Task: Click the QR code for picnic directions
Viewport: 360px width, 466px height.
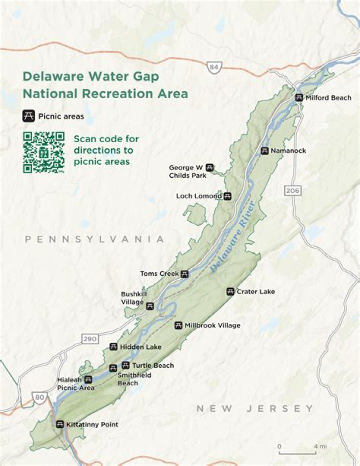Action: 43,152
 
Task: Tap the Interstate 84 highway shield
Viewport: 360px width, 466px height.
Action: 214,67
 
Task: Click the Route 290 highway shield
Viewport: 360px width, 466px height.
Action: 90,339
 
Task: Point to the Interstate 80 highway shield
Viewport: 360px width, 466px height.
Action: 40,397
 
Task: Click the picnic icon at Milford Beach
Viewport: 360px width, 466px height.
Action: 299,98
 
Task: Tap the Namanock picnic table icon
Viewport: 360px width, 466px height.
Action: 264,151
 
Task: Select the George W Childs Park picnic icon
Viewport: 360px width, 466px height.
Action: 210,168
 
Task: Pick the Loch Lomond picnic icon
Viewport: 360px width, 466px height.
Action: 227,196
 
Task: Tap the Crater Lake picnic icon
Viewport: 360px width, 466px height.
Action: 230,291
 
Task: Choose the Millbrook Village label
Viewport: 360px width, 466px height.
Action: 212,325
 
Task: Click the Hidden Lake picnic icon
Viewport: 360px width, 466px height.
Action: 113,347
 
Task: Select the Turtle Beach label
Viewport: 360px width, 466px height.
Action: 153,365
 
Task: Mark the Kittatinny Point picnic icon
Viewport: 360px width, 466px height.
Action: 60,424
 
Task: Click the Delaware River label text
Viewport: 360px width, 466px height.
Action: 233,237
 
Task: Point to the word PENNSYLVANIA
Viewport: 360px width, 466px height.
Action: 94,239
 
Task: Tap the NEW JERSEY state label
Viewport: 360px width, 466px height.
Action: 255,408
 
